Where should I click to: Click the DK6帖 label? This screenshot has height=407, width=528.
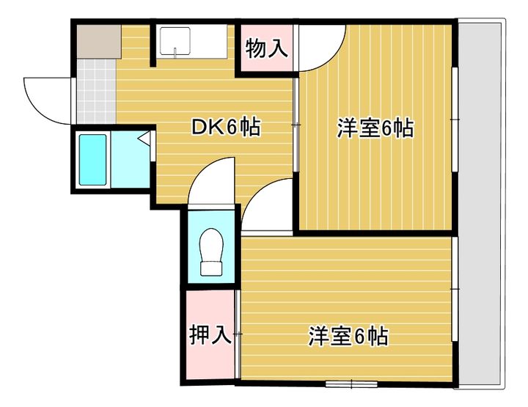tap(225, 128)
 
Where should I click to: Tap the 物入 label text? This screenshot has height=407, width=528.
tap(266, 50)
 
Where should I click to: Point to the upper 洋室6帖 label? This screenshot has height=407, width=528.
tap(375, 128)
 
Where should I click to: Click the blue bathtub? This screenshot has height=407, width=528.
tap(93, 160)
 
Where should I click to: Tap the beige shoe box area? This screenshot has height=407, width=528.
tap(98, 42)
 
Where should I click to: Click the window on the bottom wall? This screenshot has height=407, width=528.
tap(351, 384)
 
